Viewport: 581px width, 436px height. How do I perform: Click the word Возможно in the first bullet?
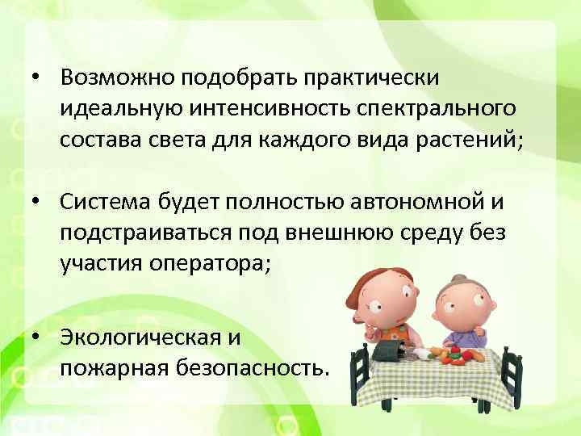pyautogui.click(x=118, y=77)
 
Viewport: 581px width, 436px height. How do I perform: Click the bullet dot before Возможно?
pyautogui.click(x=38, y=78)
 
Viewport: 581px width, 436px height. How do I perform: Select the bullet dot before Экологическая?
pyautogui.click(x=38, y=338)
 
